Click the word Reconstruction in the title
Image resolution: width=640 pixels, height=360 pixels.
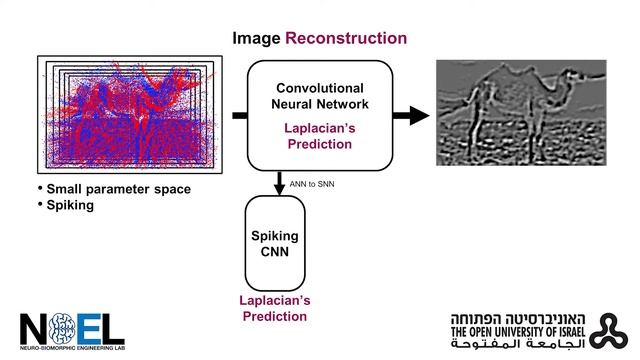pos(346,38)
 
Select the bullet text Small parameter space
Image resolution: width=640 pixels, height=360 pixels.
pos(119,189)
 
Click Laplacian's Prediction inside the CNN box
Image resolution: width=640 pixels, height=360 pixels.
pos(319,138)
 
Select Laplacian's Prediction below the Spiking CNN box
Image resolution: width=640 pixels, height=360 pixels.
pos(276,308)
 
